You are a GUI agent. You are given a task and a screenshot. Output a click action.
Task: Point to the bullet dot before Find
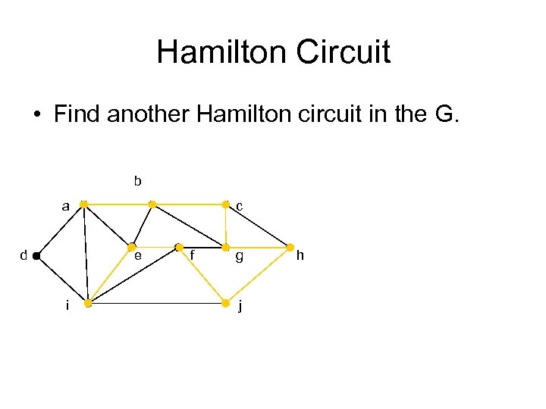(37, 116)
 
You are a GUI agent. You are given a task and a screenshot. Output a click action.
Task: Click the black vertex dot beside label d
(36, 257)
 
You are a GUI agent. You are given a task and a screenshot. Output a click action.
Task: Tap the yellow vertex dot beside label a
(83, 204)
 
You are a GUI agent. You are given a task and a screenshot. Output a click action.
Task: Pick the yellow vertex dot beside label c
(224, 204)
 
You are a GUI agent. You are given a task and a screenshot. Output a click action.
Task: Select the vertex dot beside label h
(290, 247)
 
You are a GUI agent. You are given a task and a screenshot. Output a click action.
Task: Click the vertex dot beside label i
(88, 304)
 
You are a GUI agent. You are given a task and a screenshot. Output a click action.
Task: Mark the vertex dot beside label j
(224, 304)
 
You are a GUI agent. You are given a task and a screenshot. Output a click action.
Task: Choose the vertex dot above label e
(131, 247)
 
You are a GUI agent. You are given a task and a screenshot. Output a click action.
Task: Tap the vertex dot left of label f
(179, 247)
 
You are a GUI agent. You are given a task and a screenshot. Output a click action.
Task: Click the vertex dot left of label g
(224, 247)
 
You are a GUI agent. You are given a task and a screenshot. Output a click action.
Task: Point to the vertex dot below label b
(152, 204)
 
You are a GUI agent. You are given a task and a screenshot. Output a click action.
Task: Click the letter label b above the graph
(137, 181)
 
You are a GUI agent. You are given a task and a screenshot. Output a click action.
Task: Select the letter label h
(300, 256)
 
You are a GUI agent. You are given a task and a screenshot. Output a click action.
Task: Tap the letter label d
(24, 256)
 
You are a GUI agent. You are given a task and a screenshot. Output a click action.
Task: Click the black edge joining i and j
(156, 304)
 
